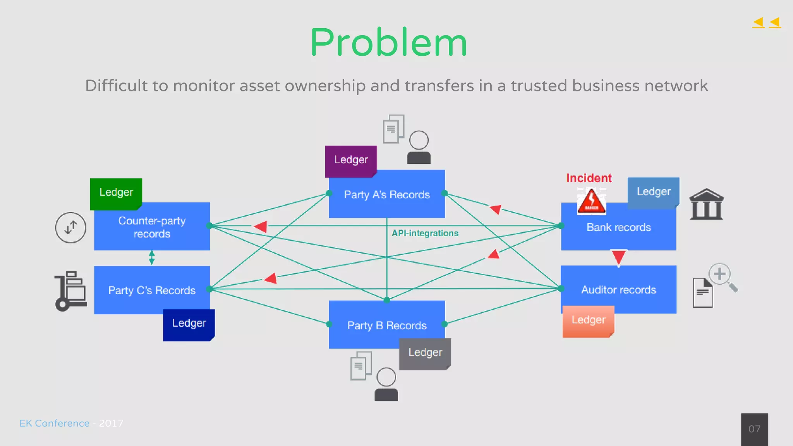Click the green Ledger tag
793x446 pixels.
click(x=116, y=193)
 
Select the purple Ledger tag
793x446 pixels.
click(x=351, y=160)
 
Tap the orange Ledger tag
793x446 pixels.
click(x=588, y=321)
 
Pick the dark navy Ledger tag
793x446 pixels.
click(x=189, y=324)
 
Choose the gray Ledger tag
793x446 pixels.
click(x=425, y=353)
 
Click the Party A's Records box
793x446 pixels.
click(x=387, y=195)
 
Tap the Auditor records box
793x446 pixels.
click(x=618, y=290)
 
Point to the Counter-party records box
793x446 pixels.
click(x=152, y=227)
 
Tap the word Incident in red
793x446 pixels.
click(x=589, y=178)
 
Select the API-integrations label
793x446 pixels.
click(x=425, y=233)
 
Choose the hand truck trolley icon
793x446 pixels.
click(x=70, y=291)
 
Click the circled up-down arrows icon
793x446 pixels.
click(x=70, y=228)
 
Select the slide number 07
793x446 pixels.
click(x=754, y=429)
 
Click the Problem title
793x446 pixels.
click(x=388, y=43)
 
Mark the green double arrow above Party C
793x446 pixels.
click(x=152, y=257)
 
